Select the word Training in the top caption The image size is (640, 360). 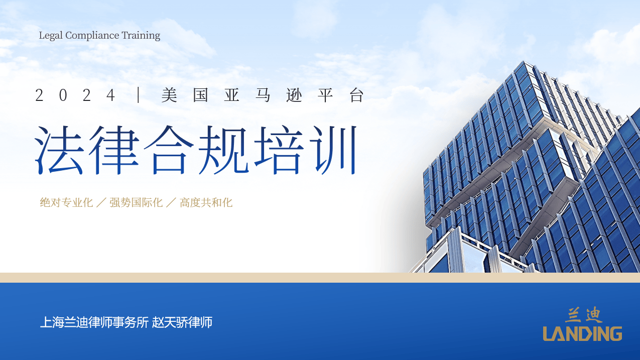pos(141,36)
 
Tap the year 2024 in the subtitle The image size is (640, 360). pos(75,95)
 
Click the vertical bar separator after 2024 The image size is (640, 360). pos(138,95)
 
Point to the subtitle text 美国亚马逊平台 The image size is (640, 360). pos(263,95)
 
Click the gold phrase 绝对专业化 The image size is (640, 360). pos(67,203)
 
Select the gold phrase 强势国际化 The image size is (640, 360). pos(136,203)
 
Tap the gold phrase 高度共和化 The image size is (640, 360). pos(206,203)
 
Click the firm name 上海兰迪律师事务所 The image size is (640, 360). pos(94,322)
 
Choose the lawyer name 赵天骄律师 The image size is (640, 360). pos(182,322)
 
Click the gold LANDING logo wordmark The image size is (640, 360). pos(582,333)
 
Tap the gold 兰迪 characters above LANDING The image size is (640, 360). pos(583,315)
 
